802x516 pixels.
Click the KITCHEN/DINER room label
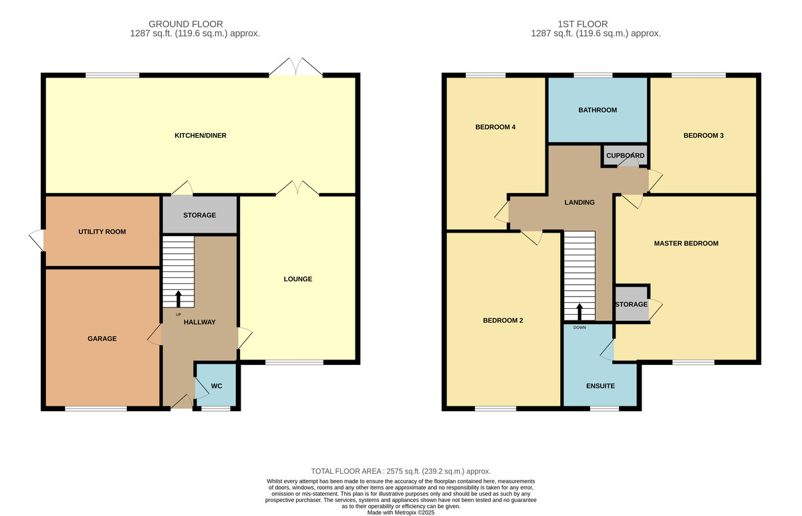pos(200,136)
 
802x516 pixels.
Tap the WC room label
pos(217,386)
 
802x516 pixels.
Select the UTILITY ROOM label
pos(102,232)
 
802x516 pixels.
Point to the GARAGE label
pos(102,338)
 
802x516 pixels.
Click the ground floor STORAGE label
pos(199,215)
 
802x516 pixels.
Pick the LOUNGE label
pos(298,279)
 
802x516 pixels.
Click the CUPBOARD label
pos(625,156)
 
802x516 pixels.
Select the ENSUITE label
pos(600,386)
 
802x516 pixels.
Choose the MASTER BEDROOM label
pos(686,243)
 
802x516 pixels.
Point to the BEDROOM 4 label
pos(495,127)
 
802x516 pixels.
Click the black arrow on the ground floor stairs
pos(178,299)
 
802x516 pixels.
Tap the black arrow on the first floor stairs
pos(579,312)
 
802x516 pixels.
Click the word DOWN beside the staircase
pos(579,328)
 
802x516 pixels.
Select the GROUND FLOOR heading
pos(186,24)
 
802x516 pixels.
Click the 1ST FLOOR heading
pos(583,24)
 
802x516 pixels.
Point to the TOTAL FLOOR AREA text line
pos(400,471)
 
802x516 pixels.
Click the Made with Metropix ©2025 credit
pos(401,513)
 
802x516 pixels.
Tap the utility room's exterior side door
pos(37,240)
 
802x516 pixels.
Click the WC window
pos(215,408)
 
